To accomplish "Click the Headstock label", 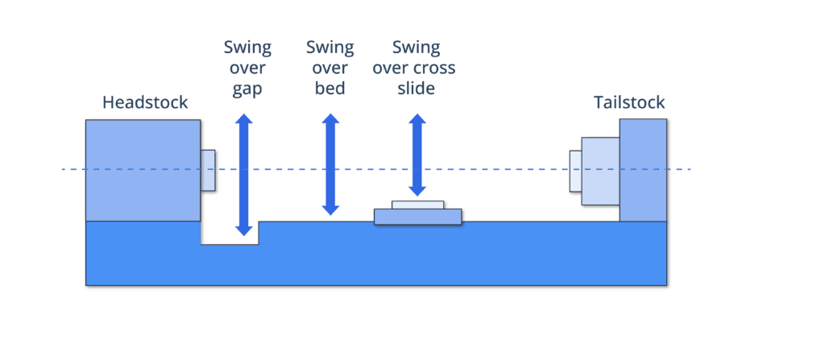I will tap(145, 102).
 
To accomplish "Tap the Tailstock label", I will tap(629, 102).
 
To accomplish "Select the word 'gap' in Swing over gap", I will tap(247, 88).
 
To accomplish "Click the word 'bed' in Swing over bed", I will tap(330, 88).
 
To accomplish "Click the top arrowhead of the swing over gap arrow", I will tap(244, 119).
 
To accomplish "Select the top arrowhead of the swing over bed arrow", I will tap(330, 119).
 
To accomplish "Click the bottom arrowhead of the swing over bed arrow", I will tap(330, 210).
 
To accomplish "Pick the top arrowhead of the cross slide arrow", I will tap(417, 119).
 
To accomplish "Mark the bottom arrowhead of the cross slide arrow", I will tap(417, 191).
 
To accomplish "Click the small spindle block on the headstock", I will tap(208, 170).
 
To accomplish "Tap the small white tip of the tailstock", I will tap(575, 171).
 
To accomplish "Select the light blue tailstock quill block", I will tap(599, 171).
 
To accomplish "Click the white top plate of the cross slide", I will tap(417, 205).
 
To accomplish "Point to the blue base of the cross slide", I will tap(417, 216).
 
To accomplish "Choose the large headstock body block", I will tap(143, 170).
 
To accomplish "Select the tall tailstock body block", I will tap(643, 170).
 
